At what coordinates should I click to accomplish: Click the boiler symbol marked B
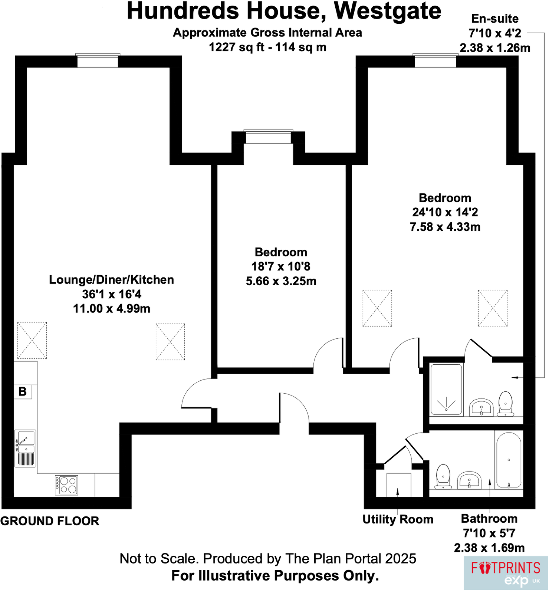23,391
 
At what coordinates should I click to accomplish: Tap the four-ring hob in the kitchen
66,485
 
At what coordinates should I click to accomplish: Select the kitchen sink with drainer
25,448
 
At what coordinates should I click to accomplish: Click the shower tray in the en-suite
446,390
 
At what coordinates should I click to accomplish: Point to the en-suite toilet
505,404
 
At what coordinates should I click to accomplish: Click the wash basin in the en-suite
481,408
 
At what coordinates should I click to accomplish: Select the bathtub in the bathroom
509,460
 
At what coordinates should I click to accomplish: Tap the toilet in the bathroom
443,476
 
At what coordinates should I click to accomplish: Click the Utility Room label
398,519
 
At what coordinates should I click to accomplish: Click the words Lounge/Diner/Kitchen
111,280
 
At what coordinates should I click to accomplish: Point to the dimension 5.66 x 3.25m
281,281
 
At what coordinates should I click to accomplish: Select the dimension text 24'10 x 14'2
445,212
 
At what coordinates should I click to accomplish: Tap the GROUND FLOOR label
50,521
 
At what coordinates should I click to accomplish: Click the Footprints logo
505,572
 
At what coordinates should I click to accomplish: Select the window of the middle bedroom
268,138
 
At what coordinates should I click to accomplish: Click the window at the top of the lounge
98,61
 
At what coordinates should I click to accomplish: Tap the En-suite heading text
495,19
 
